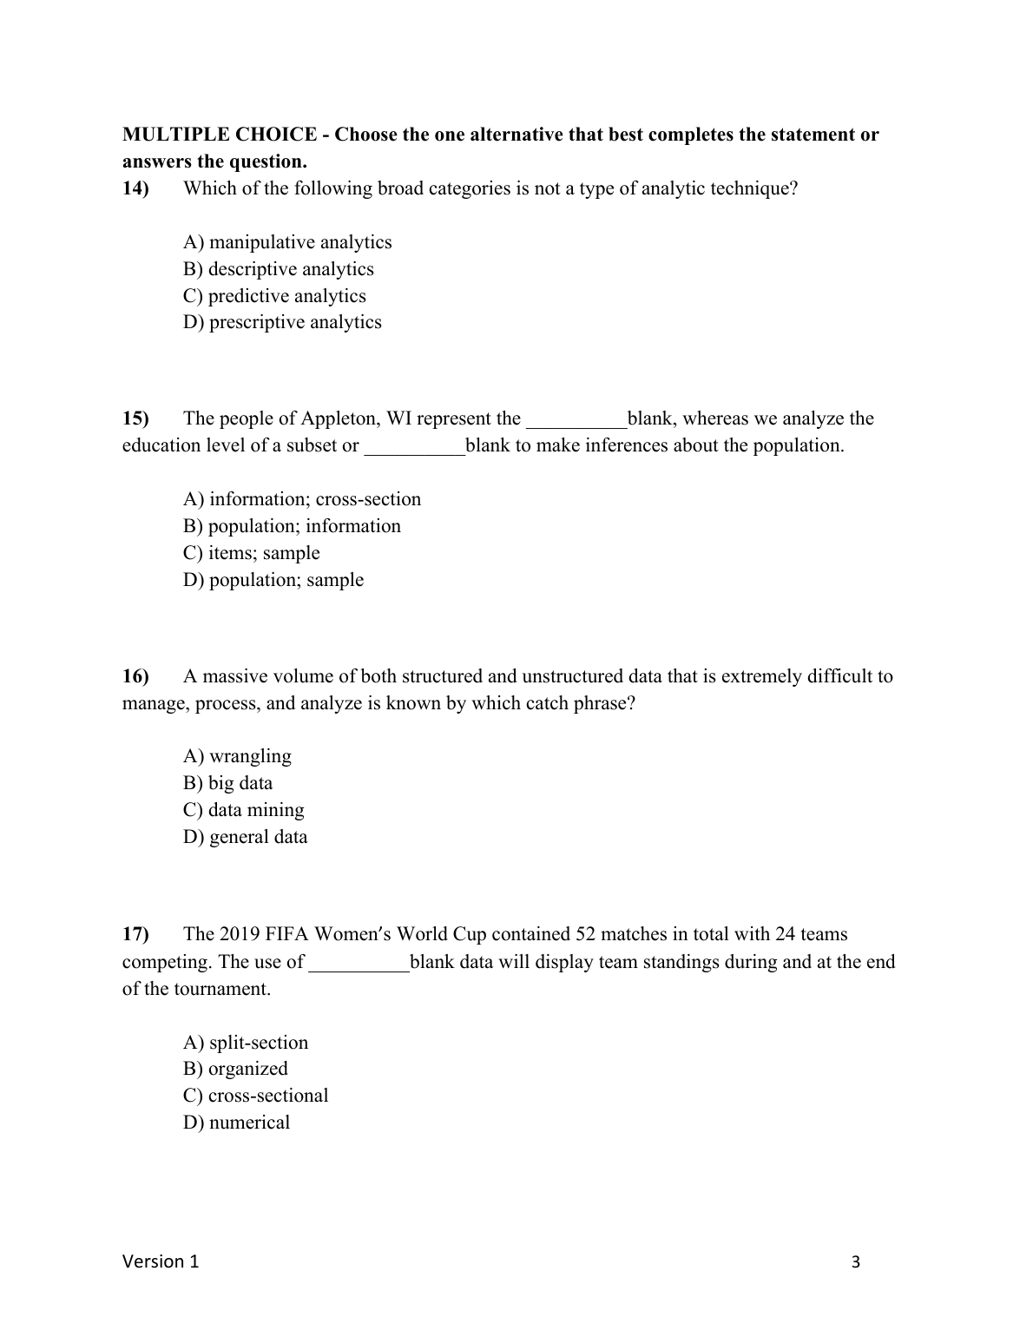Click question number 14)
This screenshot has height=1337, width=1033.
(135, 188)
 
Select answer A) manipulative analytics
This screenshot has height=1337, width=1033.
(287, 242)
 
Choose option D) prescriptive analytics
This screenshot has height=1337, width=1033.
(282, 322)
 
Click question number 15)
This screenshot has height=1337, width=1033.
(135, 418)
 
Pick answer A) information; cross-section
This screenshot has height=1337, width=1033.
(302, 499)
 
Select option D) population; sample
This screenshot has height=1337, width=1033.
(273, 580)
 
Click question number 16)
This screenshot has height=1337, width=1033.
(135, 676)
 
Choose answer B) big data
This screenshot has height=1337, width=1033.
(227, 783)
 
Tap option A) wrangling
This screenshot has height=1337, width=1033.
(237, 756)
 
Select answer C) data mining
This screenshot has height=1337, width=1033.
(244, 810)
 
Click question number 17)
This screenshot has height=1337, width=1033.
(135, 934)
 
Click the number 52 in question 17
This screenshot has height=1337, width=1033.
(586, 934)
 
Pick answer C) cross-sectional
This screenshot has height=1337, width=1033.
(256, 1096)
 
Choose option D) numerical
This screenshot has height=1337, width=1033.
(236, 1123)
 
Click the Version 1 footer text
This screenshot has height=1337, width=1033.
(161, 1261)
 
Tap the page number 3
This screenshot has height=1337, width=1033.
(856, 1262)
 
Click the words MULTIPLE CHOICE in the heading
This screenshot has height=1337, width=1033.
(220, 135)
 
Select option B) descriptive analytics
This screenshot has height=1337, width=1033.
(279, 269)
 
